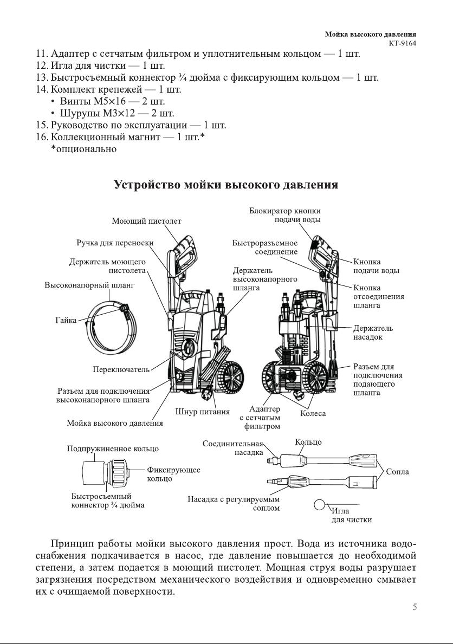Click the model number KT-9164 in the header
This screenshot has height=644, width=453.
pyautogui.click(x=402, y=43)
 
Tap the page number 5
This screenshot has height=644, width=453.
pyautogui.click(x=415, y=607)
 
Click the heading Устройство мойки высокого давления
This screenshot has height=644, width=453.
pyautogui.click(x=226, y=185)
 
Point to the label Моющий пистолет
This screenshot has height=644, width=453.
pyautogui.click(x=146, y=221)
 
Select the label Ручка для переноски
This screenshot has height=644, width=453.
pyautogui.click(x=115, y=243)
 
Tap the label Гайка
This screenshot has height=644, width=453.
pyautogui.click(x=65, y=321)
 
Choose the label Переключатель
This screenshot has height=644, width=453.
pyautogui.click(x=121, y=369)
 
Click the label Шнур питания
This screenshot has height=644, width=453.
pyautogui.click(x=203, y=412)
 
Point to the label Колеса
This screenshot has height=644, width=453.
pyautogui.click(x=313, y=414)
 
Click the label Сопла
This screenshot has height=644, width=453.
pyautogui.click(x=397, y=472)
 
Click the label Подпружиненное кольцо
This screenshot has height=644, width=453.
pyautogui.click(x=113, y=448)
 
